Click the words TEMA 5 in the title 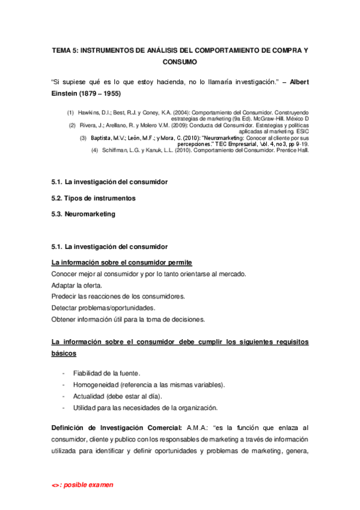tap(64, 51)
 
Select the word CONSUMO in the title tap(180, 62)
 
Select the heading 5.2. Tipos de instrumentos tap(93, 198)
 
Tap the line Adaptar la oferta tap(77, 285)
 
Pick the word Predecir tap(65, 296)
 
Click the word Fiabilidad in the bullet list tap(89, 373)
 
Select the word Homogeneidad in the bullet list tap(95, 384)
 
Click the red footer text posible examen tap(87, 485)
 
